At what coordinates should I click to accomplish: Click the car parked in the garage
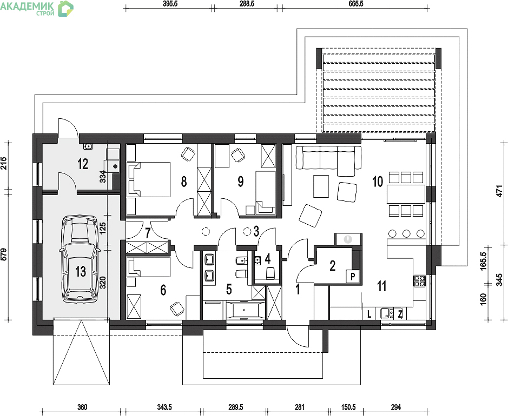(80, 259)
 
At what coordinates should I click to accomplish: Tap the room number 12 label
(83, 164)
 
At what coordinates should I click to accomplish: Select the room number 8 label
(184, 182)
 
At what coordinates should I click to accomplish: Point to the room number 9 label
(240, 182)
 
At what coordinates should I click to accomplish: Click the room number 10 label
(378, 182)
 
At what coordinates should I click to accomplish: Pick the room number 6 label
(163, 290)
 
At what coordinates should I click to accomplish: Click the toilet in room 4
(270, 273)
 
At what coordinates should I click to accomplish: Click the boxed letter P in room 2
(353, 277)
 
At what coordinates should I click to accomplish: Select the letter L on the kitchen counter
(370, 314)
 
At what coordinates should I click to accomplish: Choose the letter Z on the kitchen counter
(400, 314)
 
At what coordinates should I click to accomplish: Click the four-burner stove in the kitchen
(420, 281)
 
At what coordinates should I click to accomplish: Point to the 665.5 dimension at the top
(357, 4)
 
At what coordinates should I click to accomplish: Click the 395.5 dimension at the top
(169, 4)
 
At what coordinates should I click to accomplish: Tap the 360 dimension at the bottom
(82, 407)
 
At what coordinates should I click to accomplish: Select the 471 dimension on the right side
(500, 191)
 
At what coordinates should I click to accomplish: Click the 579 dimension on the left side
(4, 254)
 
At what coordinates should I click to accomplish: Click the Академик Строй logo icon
(66, 9)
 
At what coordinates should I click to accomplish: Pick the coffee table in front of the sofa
(321, 186)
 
